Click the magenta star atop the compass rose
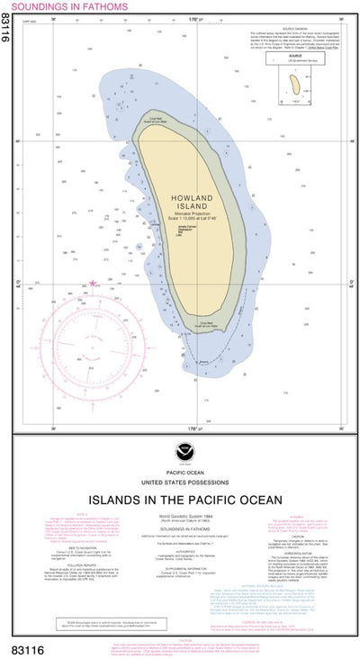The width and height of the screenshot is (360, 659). click(92, 284)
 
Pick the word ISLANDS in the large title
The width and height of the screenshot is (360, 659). click(116, 498)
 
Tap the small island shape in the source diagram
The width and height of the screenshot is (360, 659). click(294, 85)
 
